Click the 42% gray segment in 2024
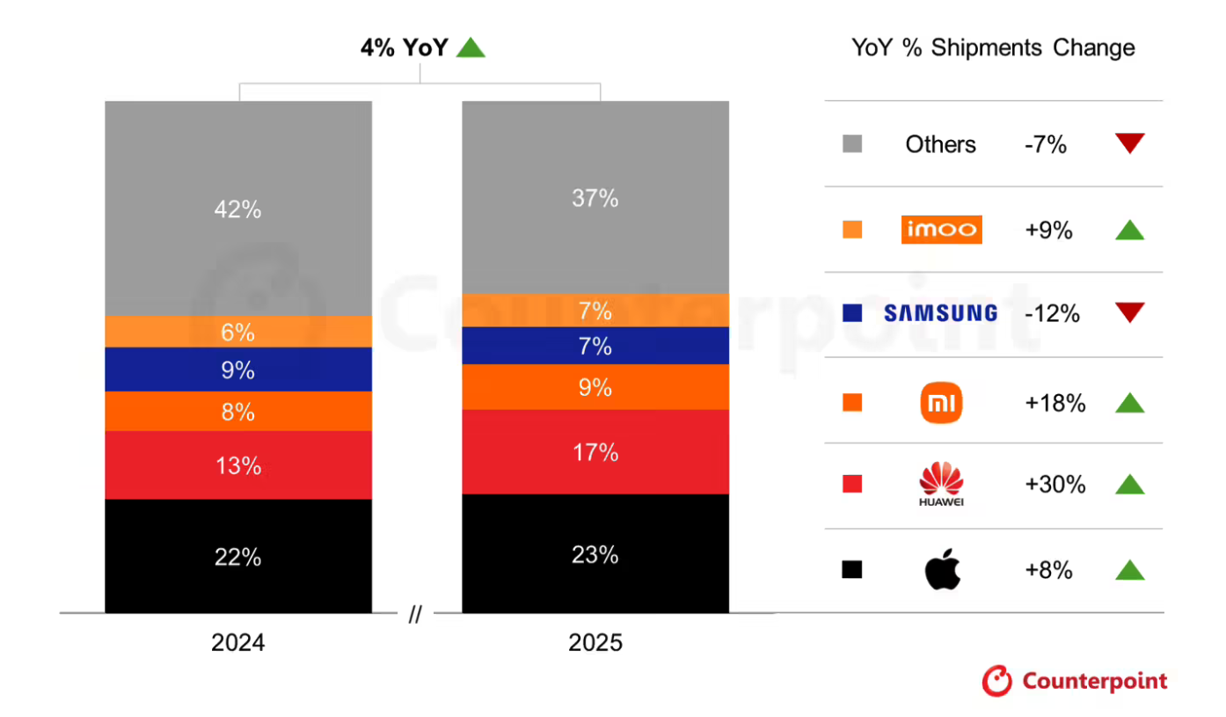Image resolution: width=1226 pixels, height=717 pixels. (237, 209)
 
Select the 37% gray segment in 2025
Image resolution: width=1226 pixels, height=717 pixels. (595, 198)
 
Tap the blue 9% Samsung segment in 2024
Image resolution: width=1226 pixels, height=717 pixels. (237, 369)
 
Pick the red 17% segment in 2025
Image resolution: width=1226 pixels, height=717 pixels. (595, 452)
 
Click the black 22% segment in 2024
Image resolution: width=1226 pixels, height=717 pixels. (237, 556)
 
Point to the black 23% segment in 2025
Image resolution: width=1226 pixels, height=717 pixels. (595, 554)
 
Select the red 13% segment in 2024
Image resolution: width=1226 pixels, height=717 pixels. (237, 465)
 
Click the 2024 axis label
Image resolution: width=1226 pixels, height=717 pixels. (237, 643)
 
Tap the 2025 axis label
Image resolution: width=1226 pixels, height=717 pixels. (595, 643)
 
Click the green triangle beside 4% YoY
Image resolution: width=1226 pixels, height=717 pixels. (471, 48)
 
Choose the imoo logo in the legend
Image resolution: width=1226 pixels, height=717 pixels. (941, 230)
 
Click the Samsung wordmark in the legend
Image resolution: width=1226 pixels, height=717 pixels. (940, 313)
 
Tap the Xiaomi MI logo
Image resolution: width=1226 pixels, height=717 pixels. (941, 404)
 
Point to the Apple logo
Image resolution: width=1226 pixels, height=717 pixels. (942, 570)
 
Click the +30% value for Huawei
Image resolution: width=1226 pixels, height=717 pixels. (1055, 485)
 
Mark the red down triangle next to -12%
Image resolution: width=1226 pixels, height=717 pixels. (1129, 312)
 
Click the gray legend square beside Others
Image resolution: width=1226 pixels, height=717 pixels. (851, 144)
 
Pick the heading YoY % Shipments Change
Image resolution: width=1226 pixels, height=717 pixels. (993, 48)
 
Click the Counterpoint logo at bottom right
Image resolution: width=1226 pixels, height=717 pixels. (1075, 681)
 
